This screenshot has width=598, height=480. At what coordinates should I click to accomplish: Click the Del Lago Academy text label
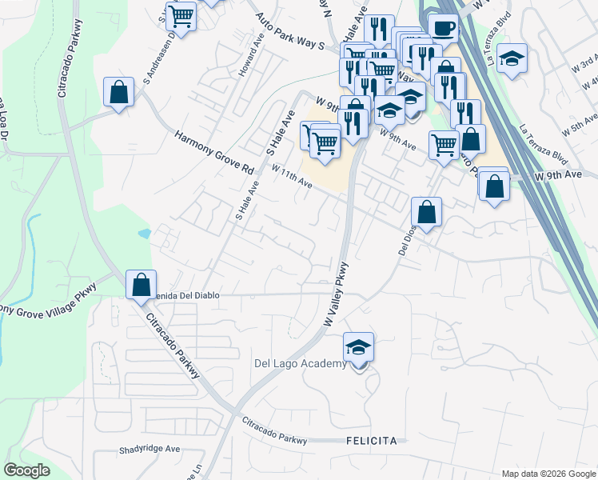click(301, 364)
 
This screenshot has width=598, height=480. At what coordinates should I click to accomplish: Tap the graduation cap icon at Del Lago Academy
click(359, 347)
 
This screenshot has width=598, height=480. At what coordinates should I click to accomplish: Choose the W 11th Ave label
click(291, 176)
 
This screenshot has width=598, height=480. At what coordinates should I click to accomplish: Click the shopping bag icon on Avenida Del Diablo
click(142, 284)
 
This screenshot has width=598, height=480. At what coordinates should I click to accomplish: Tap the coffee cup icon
click(443, 28)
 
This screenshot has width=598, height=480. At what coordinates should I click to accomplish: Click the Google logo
click(26, 470)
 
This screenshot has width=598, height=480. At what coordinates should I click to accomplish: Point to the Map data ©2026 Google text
click(548, 474)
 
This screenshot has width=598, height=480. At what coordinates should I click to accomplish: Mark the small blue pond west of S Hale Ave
click(144, 234)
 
